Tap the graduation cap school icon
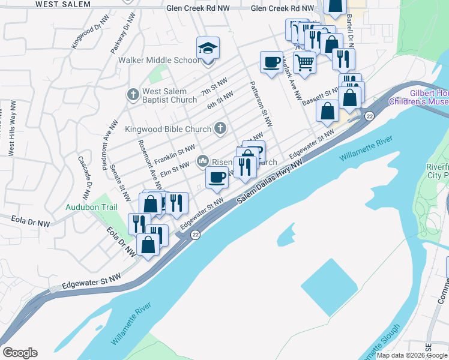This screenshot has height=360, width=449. pyautogui.click(x=208, y=47)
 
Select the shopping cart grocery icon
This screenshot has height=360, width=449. pyautogui.click(x=305, y=61)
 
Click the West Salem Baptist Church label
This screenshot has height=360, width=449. pyautogui.click(x=169, y=95)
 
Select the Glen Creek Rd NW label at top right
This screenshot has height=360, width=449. pyautogui.click(x=282, y=8)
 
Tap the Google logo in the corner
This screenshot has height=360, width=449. pyautogui.click(x=20, y=353)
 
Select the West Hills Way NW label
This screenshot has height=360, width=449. pyautogui.click(x=11, y=133)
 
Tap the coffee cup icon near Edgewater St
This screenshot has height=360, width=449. pyautogui.click(x=217, y=177)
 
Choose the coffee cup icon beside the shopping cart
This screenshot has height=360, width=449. pyautogui.click(x=271, y=61)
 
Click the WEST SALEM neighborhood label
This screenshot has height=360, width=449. pyautogui.click(x=63, y=4)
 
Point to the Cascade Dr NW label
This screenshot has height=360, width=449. pyautogui.click(x=84, y=178)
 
